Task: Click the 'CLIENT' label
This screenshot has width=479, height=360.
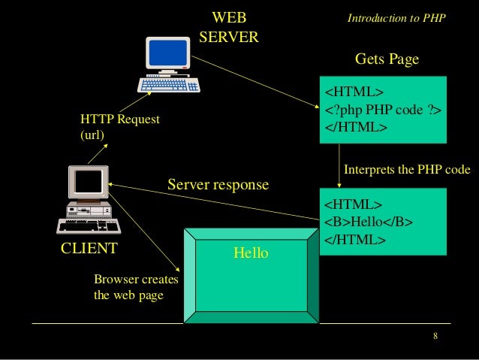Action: (88, 248)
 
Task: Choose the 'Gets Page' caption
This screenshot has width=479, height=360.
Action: (386, 59)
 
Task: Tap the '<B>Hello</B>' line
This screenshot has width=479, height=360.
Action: (369, 222)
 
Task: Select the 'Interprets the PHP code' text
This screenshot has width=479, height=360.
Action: (406, 170)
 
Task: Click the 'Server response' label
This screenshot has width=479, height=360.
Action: (218, 184)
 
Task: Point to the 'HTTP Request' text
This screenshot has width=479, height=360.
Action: (114, 120)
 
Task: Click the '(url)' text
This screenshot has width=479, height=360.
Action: (92, 135)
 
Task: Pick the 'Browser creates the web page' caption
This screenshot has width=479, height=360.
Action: (135, 287)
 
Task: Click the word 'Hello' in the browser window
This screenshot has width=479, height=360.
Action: (251, 253)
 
